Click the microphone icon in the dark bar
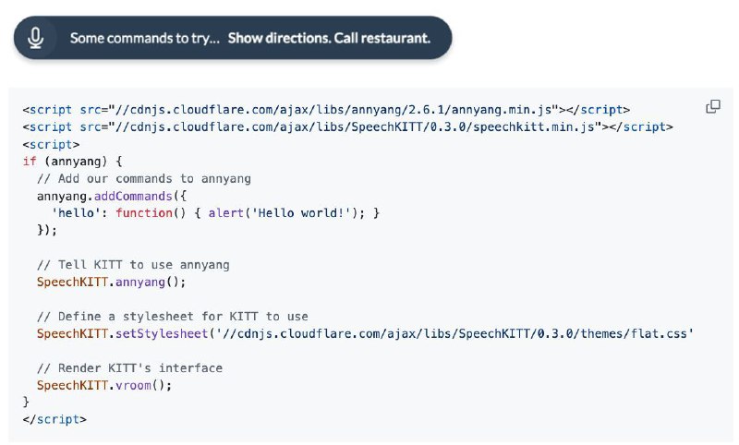coord(35,38)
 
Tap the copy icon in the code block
coord(713,106)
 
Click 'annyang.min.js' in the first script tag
coord(502,110)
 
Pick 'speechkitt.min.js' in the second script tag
coord(534,127)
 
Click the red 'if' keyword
coord(30,162)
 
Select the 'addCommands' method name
coord(133,196)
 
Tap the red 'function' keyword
coord(144,213)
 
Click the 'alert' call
coord(226,213)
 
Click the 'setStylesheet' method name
coord(163,333)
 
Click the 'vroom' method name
coord(133,385)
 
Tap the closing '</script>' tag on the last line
coord(55,419)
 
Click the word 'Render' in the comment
coord(79,367)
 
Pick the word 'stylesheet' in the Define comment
coord(158,317)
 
